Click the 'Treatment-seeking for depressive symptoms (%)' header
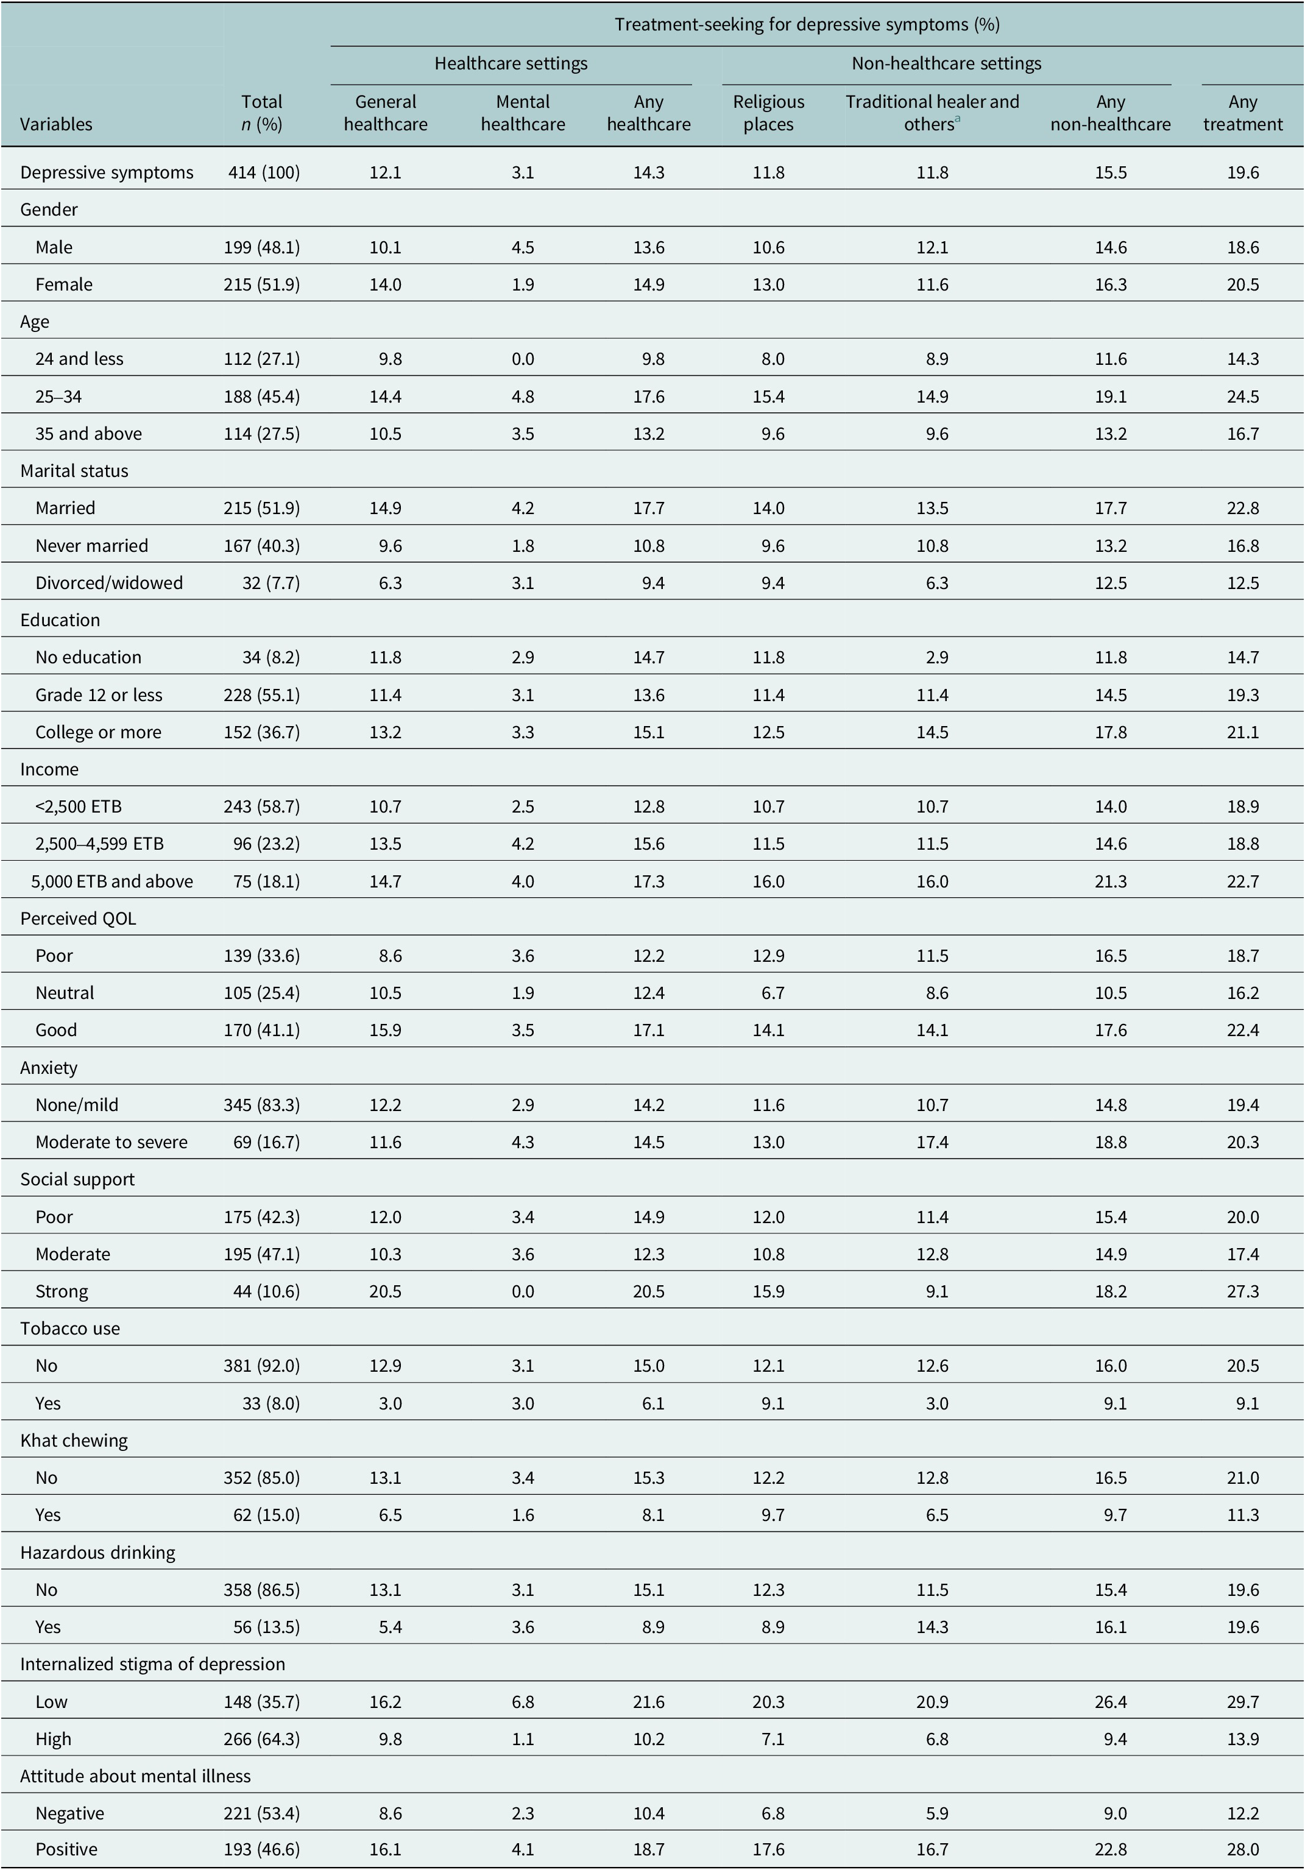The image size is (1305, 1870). tap(807, 24)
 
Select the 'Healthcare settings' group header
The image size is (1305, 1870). tap(511, 63)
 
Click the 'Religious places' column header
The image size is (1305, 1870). tap(768, 113)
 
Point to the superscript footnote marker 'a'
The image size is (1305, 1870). tap(957, 119)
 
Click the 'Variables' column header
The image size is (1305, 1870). tap(56, 125)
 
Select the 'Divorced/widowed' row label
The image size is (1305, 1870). tap(109, 583)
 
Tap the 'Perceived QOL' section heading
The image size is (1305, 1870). tap(78, 919)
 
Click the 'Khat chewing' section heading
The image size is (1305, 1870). tap(74, 1441)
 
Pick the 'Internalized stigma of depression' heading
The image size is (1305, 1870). tap(152, 1664)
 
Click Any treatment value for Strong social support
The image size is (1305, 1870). tap(1242, 1292)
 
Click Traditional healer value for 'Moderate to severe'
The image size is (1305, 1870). tap(932, 1142)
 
